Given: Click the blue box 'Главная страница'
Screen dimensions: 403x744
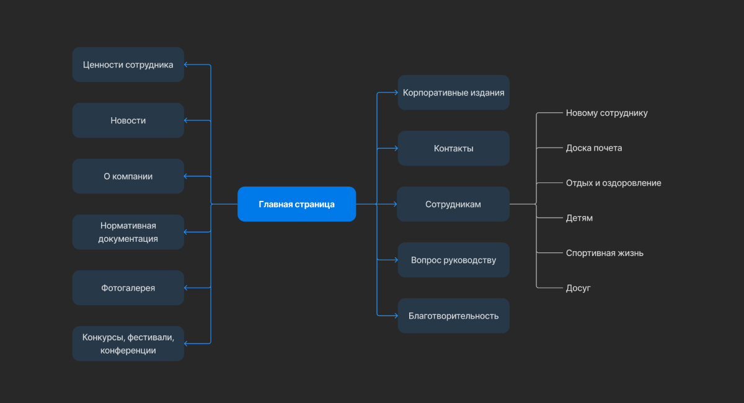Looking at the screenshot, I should coord(296,204).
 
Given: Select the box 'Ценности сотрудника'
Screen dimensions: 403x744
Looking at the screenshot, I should coord(128,64).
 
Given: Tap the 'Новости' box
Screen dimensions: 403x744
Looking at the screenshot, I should coord(128,120).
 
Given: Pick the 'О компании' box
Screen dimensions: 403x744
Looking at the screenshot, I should coord(128,176).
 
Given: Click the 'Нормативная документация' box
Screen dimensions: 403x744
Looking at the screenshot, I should coord(128,232).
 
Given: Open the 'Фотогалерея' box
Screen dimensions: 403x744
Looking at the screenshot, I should coord(128,288).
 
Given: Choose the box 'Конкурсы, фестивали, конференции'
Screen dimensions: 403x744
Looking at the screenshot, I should coord(128,343).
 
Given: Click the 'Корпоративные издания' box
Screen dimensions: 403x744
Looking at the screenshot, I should coord(453,92).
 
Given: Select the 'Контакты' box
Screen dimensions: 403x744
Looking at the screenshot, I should coord(453,148).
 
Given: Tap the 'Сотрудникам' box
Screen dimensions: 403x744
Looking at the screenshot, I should coord(453,204).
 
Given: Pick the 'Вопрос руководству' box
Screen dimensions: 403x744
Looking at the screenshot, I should coord(453,260).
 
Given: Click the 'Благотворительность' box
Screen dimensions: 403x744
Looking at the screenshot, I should coord(453,316).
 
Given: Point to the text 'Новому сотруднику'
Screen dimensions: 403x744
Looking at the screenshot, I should coord(606,113).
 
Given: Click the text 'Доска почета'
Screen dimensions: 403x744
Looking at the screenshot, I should coord(593,148).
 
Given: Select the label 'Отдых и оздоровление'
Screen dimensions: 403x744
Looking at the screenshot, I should coord(613,183).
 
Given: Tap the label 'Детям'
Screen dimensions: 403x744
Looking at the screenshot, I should coord(579,218).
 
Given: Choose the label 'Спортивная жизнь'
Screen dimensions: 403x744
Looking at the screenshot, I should coord(604,253).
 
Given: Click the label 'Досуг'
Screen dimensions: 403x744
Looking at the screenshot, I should coord(578,288).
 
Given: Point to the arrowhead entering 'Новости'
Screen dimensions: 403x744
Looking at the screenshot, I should coord(187,120).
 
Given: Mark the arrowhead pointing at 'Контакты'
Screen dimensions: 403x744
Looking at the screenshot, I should coord(396,148).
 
